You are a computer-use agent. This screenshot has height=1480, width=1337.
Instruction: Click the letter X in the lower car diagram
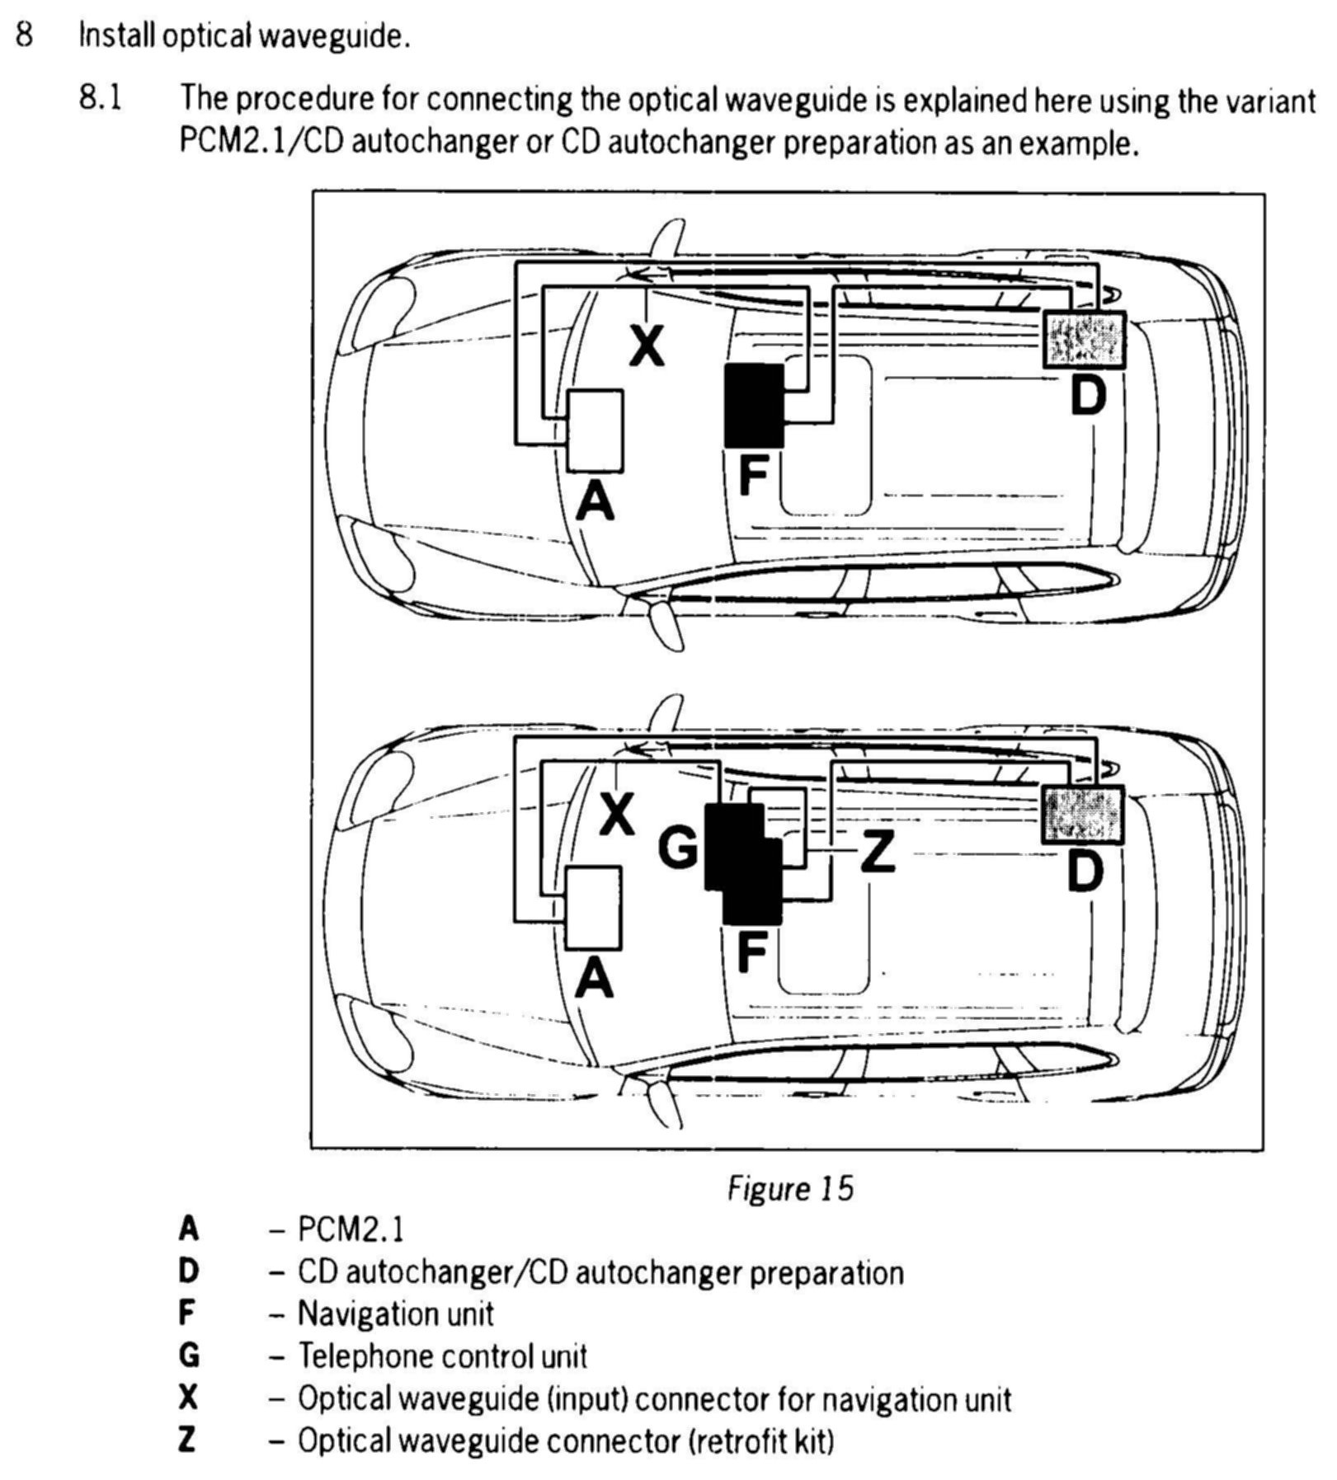pos(617,815)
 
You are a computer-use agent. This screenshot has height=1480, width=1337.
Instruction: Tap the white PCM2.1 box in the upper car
pos(595,430)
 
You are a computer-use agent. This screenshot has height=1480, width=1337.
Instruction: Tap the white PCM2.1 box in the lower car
pos(593,907)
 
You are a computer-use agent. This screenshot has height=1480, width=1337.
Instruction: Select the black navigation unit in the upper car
pos(754,406)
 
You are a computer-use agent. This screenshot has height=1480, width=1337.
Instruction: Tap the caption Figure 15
pos(789,1188)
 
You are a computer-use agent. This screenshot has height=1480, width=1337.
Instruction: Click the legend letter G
pos(189,1355)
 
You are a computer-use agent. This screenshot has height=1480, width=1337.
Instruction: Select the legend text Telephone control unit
pos(442,1355)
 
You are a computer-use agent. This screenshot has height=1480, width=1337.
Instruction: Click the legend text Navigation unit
pos(395,1313)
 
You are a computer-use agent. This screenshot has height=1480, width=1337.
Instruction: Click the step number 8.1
pos(101,98)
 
